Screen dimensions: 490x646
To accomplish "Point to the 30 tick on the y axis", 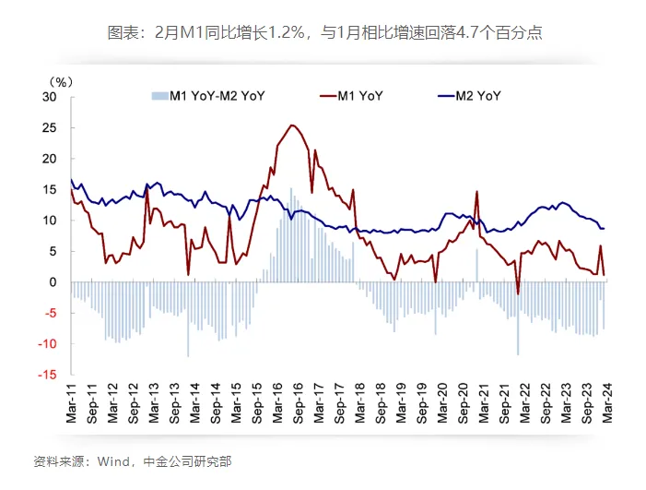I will pyautogui.click(x=51, y=97).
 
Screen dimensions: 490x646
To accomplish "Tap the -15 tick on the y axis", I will pyautogui.click(x=48, y=375).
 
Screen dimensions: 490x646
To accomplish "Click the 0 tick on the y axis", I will pyautogui.click(x=53, y=282).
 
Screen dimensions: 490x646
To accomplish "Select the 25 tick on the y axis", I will pyautogui.click(x=51, y=127).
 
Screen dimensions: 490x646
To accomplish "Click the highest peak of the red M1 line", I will pyautogui.click(x=292, y=125).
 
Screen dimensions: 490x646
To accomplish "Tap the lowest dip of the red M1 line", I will pyautogui.click(x=518, y=294).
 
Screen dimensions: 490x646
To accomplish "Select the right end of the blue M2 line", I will pyautogui.click(x=604, y=228).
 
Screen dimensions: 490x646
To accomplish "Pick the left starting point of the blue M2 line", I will pyautogui.click(x=71, y=179).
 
